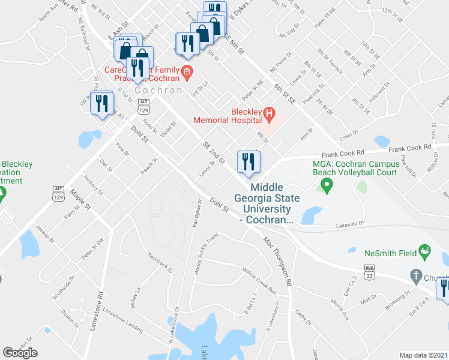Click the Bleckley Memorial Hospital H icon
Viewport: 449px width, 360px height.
[269, 112]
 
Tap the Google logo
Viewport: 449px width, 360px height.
[20, 353]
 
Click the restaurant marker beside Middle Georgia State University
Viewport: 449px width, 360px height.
[247, 161]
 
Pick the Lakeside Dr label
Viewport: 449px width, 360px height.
[350, 223]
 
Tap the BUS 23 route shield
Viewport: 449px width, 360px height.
[369, 271]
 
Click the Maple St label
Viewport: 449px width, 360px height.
[80, 199]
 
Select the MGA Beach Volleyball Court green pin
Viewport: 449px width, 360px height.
[327, 187]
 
